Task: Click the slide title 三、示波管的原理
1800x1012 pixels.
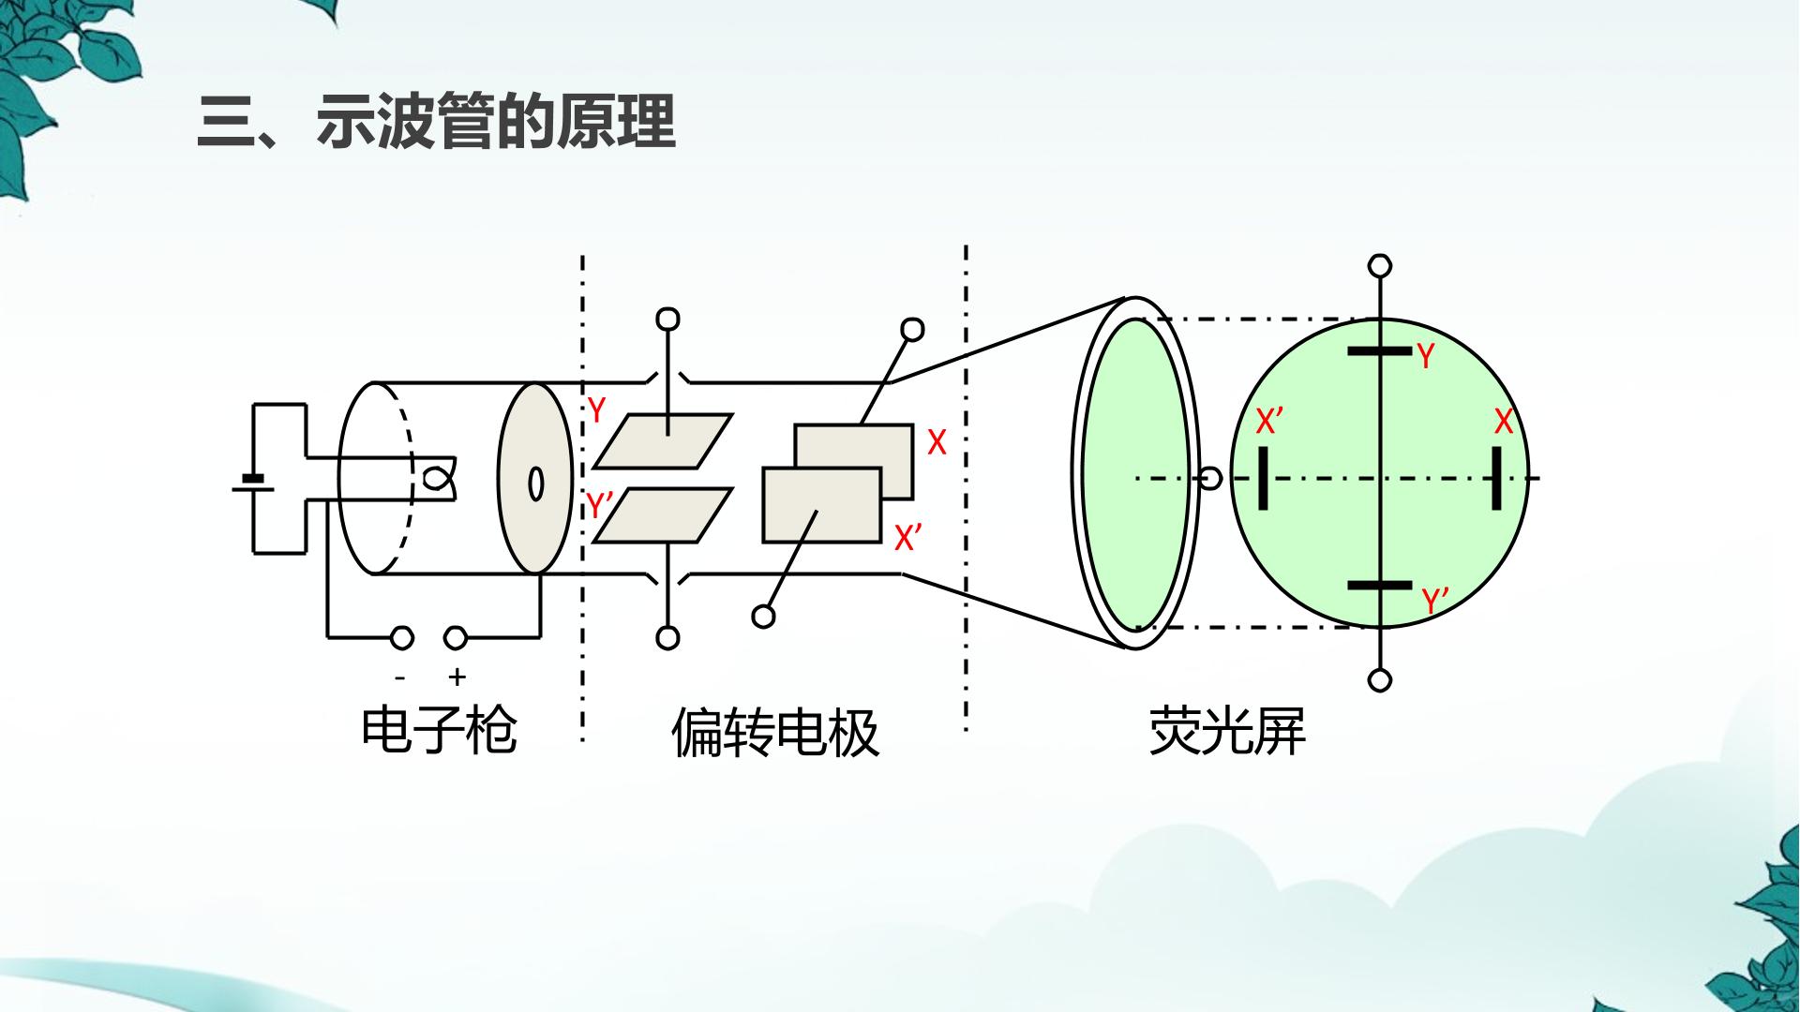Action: click(437, 122)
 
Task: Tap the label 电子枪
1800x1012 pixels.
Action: click(439, 730)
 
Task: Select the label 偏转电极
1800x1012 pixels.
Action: click(775, 732)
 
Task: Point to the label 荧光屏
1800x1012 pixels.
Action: click(1227, 731)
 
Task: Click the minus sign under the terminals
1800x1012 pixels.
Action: click(400, 677)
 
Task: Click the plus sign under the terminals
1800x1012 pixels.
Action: click(457, 677)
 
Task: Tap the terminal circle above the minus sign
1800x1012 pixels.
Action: click(402, 639)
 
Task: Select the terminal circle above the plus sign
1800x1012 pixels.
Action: click(456, 639)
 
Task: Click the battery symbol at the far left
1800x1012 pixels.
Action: click(252, 483)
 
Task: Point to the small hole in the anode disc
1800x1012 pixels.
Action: click(536, 484)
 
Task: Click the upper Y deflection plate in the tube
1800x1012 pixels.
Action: click(663, 441)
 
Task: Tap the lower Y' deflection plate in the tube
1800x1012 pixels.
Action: click(663, 515)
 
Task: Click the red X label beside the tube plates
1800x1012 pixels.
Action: click(937, 442)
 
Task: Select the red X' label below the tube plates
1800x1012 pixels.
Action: click(907, 538)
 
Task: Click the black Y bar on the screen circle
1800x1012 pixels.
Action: click(1379, 351)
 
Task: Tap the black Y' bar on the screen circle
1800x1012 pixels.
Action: click(1379, 586)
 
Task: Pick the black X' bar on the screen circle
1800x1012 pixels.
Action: click(1264, 478)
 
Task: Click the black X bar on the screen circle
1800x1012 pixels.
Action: click(1496, 478)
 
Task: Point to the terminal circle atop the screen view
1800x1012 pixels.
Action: click(1380, 266)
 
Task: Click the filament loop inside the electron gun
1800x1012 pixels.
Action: click(436, 478)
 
